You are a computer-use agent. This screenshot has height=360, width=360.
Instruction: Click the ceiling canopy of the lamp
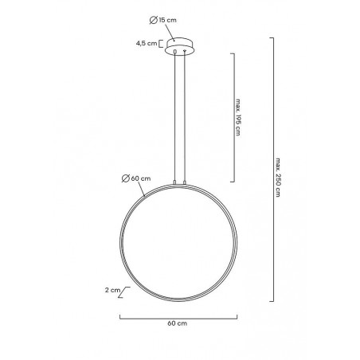pos(180,43)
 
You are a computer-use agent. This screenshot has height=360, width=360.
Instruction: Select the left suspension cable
pos(174,119)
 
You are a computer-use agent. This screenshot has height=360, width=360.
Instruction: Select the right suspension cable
pos(186,119)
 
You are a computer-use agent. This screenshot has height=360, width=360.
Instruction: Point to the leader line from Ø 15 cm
pos(176,30)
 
